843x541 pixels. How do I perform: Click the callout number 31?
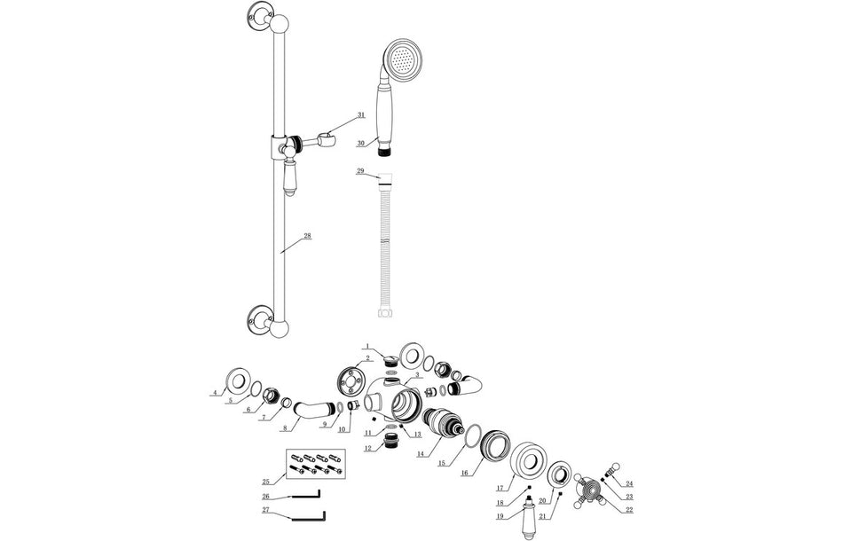361,115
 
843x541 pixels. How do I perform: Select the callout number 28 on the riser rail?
307,236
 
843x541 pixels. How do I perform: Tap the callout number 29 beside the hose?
359,170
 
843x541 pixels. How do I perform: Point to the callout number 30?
361,143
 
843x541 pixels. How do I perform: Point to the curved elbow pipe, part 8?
310,413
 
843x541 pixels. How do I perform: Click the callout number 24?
629,484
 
